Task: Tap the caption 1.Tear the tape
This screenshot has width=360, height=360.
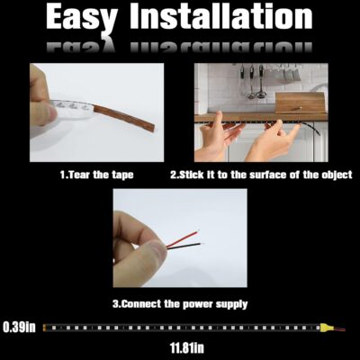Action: (x=96, y=174)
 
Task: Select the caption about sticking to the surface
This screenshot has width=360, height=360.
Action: (x=260, y=174)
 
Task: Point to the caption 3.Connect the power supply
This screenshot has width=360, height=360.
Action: (x=179, y=303)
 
